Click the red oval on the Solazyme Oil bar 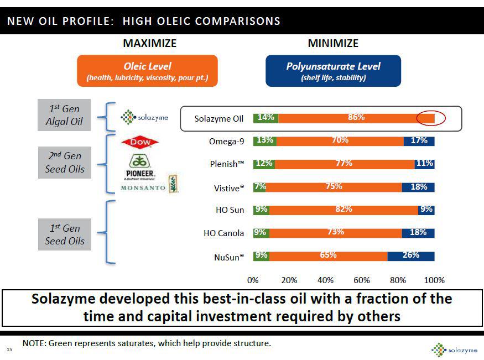pyautogui.click(x=431, y=118)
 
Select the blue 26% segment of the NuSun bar pyautogui.click(x=410, y=256)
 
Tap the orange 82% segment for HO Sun pyautogui.click(x=344, y=210)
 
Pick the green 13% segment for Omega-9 pyautogui.click(x=265, y=140)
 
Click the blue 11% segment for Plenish pyautogui.click(x=424, y=164)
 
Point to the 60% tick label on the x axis pyautogui.click(x=362, y=280)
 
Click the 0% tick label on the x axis pyautogui.click(x=253, y=280)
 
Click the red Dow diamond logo pyautogui.click(x=140, y=143)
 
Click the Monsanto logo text pyautogui.click(x=143, y=188)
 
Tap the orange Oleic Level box pyautogui.click(x=147, y=71)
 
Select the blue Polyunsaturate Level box pyautogui.click(x=333, y=71)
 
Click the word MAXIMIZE pyautogui.click(x=149, y=43)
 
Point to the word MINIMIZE pyautogui.click(x=333, y=43)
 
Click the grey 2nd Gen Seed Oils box pyautogui.click(x=65, y=163)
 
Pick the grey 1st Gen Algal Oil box pyautogui.click(x=64, y=115)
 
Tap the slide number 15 pyautogui.click(x=9, y=349)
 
